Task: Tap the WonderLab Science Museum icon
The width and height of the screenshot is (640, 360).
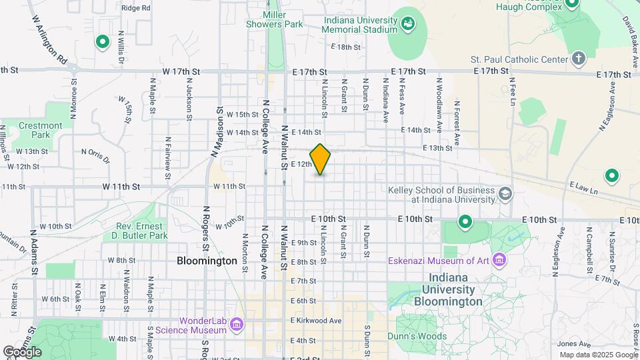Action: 235,325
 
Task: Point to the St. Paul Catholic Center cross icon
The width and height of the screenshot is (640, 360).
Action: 578,59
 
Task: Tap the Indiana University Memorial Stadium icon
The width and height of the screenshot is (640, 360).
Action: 407,26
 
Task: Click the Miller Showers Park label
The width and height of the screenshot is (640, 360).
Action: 283,19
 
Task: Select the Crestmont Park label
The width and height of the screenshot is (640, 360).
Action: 40,130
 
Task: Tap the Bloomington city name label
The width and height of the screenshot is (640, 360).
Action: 207,261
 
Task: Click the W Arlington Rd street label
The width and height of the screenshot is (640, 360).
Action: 49,40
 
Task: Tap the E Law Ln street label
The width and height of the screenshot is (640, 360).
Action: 584,186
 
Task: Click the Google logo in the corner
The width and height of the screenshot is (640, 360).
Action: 22,351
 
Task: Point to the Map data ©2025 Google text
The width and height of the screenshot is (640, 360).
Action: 597,355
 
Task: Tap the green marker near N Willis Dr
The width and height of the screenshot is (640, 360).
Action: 103,43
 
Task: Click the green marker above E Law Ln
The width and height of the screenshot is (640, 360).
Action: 611,177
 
